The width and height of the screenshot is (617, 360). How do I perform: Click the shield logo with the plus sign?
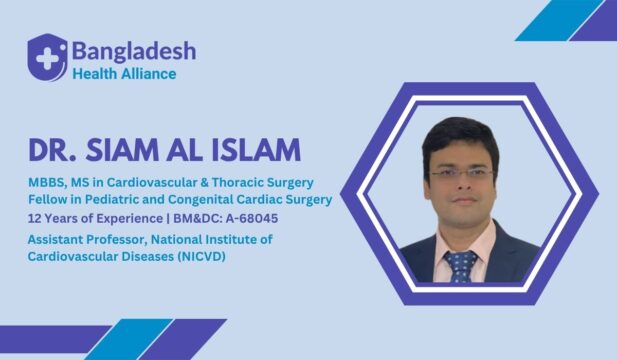[x=47, y=56]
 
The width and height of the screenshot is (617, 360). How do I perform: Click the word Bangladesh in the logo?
[x=133, y=50]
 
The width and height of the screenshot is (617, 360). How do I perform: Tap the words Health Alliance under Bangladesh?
[x=124, y=73]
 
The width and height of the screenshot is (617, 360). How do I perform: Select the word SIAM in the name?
[x=140, y=151]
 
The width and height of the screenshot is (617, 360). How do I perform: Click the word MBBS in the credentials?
[x=48, y=182]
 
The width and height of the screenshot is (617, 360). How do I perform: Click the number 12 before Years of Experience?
[x=36, y=217]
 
